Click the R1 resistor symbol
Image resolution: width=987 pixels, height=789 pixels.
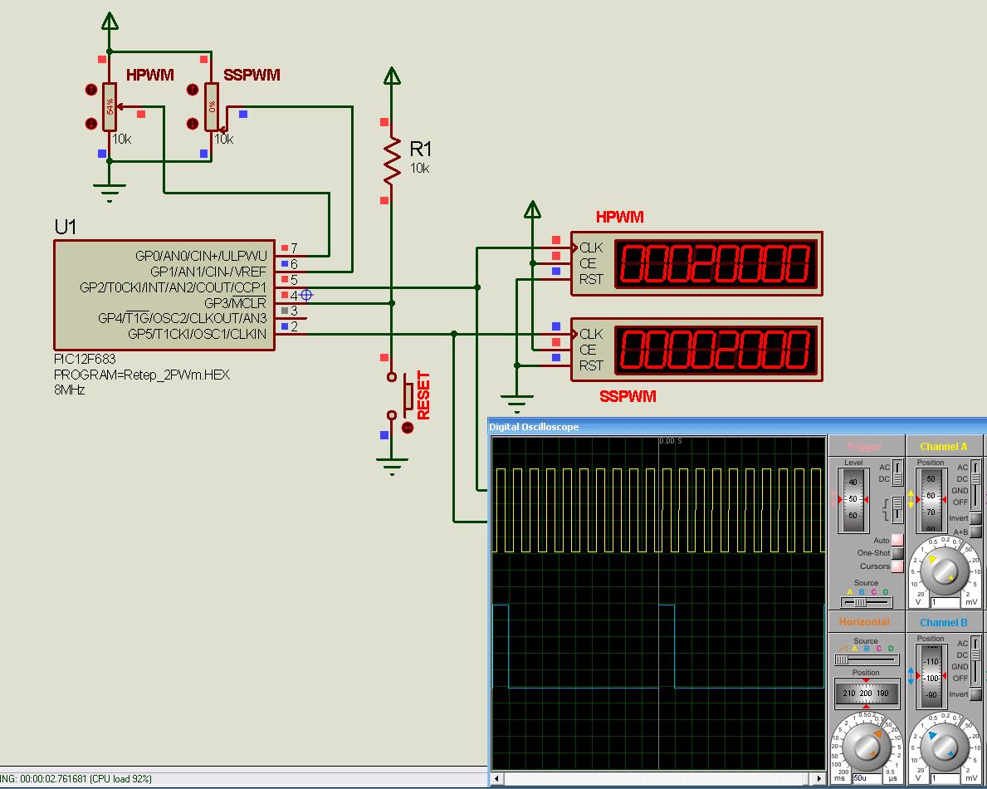(x=392, y=160)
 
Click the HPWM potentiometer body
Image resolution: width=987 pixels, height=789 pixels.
(x=109, y=106)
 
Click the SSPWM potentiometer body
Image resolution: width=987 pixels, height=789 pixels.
(x=212, y=106)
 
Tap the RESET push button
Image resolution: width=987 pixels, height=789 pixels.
(x=408, y=397)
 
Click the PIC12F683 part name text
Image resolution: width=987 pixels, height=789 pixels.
(x=85, y=359)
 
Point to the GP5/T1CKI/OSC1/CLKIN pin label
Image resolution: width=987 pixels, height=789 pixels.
(x=198, y=334)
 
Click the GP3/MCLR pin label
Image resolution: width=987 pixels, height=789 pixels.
(x=236, y=303)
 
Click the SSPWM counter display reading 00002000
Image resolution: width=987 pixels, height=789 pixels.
(x=713, y=350)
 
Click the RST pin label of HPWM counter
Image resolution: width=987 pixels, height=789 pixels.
(x=591, y=280)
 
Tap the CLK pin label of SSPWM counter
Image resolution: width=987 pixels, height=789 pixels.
(x=591, y=334)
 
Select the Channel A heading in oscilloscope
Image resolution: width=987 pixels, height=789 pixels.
(x=943, y=447)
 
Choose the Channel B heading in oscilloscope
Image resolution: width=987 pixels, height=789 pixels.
(x=943, y=622)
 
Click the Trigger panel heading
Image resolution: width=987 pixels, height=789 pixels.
(x=864, y=447)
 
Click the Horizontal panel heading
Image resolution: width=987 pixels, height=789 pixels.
(x=864, y=622)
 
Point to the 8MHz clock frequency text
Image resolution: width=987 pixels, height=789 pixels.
(x=70, y=390)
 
